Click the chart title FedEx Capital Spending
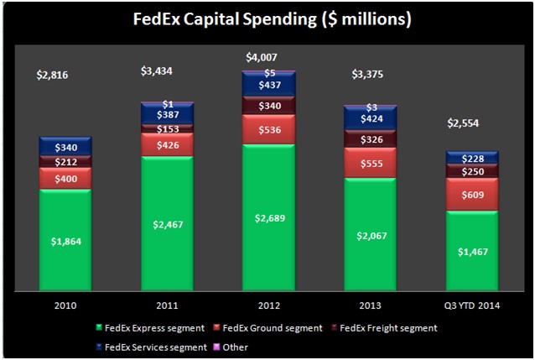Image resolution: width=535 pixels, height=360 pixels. point(267,18)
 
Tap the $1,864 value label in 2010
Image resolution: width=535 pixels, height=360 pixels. point(65,241)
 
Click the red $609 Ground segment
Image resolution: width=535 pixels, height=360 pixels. point(472,194)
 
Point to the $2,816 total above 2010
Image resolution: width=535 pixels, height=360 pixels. point(52,75)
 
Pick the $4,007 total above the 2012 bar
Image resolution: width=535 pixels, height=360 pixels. point(262,57)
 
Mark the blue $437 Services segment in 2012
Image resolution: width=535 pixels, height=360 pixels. point(268,86)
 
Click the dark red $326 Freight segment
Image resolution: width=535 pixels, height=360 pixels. point(370,139)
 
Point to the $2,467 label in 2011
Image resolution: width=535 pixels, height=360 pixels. point(167,223)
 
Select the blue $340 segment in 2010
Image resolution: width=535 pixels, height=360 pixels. point(65,148)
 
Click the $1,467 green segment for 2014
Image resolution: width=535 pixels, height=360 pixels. point(472,249)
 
